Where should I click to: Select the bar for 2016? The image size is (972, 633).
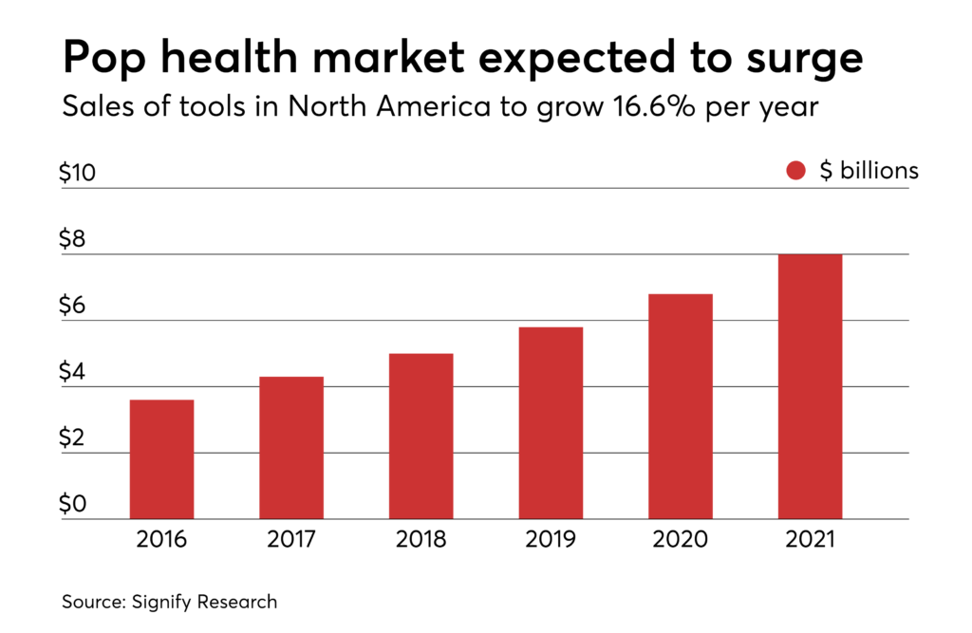tap(161, 459)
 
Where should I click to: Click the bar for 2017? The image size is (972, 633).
tap(291, 448)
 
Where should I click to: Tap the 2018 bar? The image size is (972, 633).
tap(421, 437)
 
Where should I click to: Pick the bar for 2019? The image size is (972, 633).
tap(551, 423)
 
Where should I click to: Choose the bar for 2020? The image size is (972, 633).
tap(680, 406)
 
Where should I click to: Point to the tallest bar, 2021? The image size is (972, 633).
tap(810, 386)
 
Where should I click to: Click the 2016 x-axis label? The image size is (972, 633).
tap(161, 540)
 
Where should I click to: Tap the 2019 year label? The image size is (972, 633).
tap(551, 540)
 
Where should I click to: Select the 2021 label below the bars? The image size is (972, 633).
tap(810, 540)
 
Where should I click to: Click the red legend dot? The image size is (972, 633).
tap(795, 171)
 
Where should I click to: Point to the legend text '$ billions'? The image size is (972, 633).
tap(869, 171)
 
